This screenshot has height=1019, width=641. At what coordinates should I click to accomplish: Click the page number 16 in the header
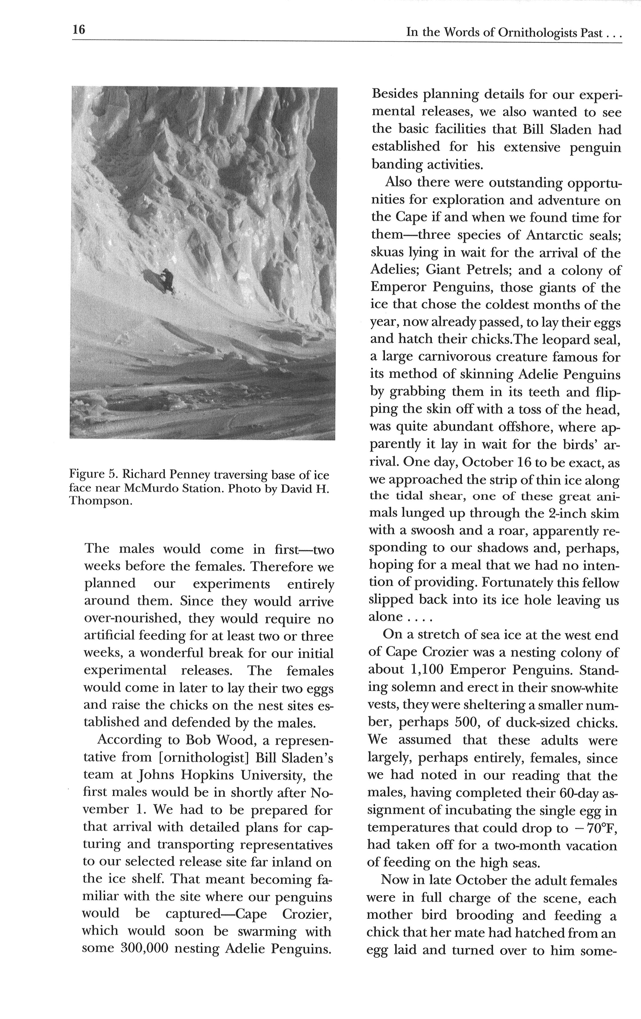click(x=79, y=29)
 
